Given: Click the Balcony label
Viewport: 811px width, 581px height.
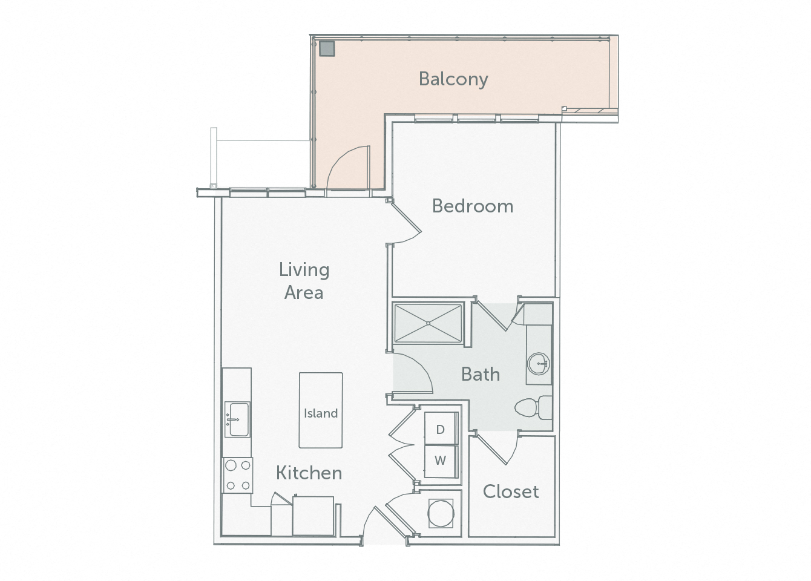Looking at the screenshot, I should pos(453,79).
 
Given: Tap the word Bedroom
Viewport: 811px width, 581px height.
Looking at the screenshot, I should pos(473,206).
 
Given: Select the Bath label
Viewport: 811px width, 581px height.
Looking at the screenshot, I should pos(481,374).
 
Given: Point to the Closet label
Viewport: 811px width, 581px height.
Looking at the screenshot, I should pos(511,491).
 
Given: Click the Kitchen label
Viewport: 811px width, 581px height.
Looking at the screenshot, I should pos(309,473).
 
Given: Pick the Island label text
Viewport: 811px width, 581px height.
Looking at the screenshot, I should pos(321,413).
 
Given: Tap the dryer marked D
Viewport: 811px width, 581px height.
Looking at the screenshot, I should pos(441,430).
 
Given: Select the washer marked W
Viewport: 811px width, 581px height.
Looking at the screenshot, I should pos(441,461).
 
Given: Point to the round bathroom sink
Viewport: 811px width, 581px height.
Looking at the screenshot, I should pos(539,364).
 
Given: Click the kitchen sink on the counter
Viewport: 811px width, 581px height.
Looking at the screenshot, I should pos(237,419).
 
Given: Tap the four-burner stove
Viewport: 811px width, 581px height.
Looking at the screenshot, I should pos(237,475).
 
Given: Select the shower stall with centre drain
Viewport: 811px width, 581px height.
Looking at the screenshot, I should pos(428,323).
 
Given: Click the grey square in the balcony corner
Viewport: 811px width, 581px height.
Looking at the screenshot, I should pos(327,48).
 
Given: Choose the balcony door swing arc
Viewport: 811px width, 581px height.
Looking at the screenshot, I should pos(345,166).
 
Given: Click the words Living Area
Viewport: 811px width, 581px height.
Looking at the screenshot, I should pos(304,281).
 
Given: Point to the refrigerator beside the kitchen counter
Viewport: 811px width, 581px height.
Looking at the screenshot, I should pos(313,516).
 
